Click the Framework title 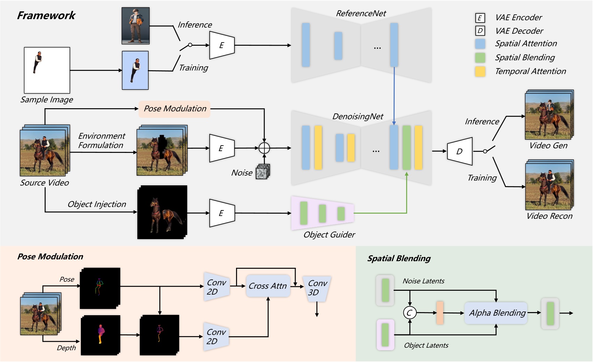[x=46, y=15]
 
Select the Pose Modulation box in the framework [x=175, y=109]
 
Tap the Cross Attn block [x=268, y=286]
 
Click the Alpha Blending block [x=496, y=313]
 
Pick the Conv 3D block [x=317, y=288]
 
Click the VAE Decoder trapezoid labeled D [x=460, y=151]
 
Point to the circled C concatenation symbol [x=410, y=313]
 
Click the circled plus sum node [x=264, y=148]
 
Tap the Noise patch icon [x=263, y=172]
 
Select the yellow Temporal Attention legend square [x=480, y=71]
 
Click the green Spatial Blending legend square [x=480, y=58]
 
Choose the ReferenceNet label [x=361, y=13]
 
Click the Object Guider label [x=329, y=235]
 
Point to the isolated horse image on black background [x=162, y=213]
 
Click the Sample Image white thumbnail [x=47, y=70]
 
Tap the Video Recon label [x=549, y=216]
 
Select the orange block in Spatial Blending [x=440, y=313]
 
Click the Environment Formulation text [x=101, y=140]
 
